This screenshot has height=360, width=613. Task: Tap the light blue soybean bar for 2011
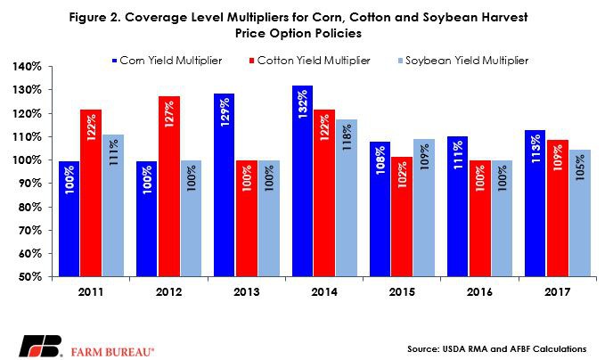click(x=112, y=205)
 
